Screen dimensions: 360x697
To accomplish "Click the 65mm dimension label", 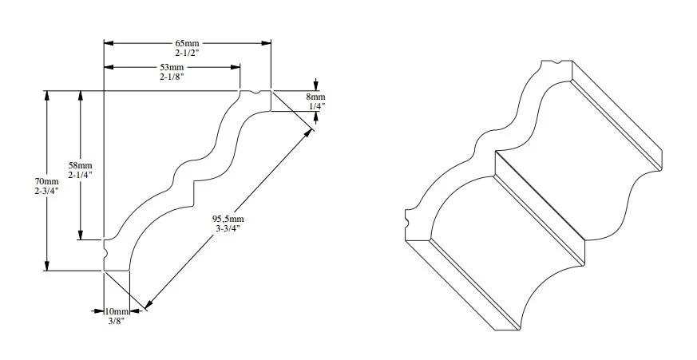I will pos(188,42).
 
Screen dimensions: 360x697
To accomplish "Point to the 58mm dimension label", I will pos(79,164).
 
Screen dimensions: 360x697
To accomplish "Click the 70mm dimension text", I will pos(46,181).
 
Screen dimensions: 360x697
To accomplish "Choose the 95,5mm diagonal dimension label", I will pos(228,218).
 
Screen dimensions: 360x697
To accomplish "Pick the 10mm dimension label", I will pos(117,311).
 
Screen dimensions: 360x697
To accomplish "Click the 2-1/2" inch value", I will pos(188,52).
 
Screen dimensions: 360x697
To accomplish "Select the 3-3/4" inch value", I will pos(228,228).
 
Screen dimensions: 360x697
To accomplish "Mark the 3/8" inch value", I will pos(117,321).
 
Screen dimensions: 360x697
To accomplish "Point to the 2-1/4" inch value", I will pos(79,174).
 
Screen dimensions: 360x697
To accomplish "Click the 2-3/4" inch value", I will pos(46,192).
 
